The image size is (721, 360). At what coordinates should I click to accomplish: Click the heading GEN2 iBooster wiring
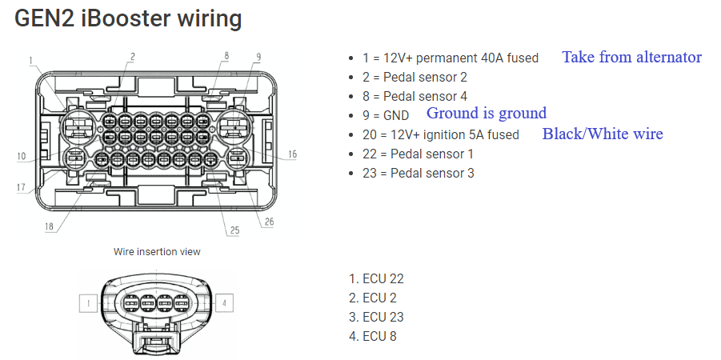pos(128,19)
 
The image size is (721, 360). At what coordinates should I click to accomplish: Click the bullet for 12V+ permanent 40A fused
pos(353,58)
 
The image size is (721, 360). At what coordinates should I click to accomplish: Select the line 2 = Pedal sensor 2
pos(415,77)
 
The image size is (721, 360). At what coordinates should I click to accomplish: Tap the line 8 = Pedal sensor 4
pos(415,96)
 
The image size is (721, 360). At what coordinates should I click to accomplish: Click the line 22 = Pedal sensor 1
pos(418,154)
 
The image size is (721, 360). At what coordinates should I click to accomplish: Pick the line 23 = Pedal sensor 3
pos(418,173)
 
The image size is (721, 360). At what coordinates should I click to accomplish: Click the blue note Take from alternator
pos(631,57)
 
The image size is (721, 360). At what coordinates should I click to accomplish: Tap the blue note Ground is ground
pos(487,113)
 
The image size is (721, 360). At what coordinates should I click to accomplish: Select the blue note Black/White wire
pos(603,134)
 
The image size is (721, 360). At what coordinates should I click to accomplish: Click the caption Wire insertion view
pos(157,251)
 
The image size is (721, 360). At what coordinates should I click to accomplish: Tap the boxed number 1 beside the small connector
pos(88,303)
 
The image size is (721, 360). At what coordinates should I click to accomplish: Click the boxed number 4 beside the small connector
pos(226,303)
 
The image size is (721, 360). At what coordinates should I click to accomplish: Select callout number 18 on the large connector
pos(50,226)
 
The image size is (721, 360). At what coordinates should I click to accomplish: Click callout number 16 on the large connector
pos(291,154)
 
